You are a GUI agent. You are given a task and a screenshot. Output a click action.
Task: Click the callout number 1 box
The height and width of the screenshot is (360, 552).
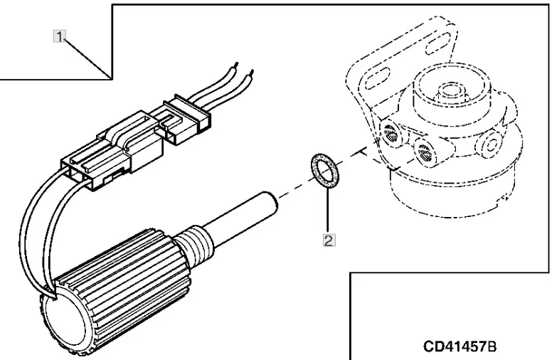coord(60,34)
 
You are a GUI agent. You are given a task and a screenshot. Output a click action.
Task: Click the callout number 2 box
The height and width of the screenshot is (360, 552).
coord(329,240)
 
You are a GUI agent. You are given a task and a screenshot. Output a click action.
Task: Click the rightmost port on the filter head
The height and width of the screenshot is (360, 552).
coord(490,144)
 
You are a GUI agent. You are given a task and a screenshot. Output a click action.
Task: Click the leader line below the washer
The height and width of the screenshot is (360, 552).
coord(327,210)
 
